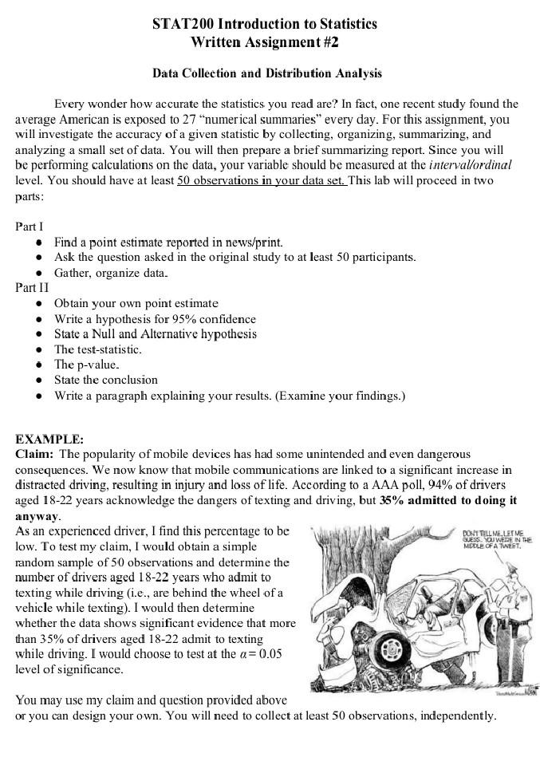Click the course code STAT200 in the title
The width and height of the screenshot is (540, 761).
(x=182, y=24)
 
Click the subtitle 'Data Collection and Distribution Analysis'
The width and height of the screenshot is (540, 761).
(x=267, y=73)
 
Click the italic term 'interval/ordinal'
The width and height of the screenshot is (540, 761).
(x=470, y=165)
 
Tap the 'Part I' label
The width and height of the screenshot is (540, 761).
(x=30, y=227)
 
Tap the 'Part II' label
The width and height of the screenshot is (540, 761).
(x=32, y=287)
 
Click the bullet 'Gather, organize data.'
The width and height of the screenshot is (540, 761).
(x=111, y=272)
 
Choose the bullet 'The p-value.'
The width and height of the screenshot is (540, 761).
(x=86, y=365)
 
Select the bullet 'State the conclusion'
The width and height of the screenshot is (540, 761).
(x=105, y=380)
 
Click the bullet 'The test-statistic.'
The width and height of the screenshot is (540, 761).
(x=97, y=349)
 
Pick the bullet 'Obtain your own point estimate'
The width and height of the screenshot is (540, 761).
(x=136, y=303)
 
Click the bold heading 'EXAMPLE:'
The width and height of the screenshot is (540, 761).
(x=49, y=440)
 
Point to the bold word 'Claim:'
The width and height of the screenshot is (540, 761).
(x=34, y=455)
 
